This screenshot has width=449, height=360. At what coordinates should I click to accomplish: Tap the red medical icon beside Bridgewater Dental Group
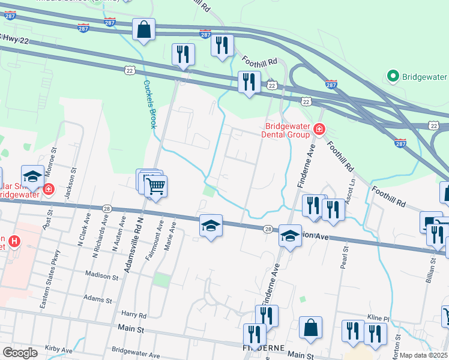click(319, 128)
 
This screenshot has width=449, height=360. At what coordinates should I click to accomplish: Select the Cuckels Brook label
click(149, 104)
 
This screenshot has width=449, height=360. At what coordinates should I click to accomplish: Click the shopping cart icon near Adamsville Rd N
click(155, 186)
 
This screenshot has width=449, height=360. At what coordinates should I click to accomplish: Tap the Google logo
click(20, 353)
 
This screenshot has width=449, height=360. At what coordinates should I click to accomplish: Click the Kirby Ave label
click(58, 348)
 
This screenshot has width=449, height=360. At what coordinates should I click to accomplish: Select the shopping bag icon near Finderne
click(311, 328)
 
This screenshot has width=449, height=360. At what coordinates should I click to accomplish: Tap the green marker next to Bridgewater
click(393, 76)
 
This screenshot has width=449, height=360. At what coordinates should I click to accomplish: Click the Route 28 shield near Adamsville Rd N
click(106, 207)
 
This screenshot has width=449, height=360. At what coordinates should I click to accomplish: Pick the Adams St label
click(98, 298)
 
